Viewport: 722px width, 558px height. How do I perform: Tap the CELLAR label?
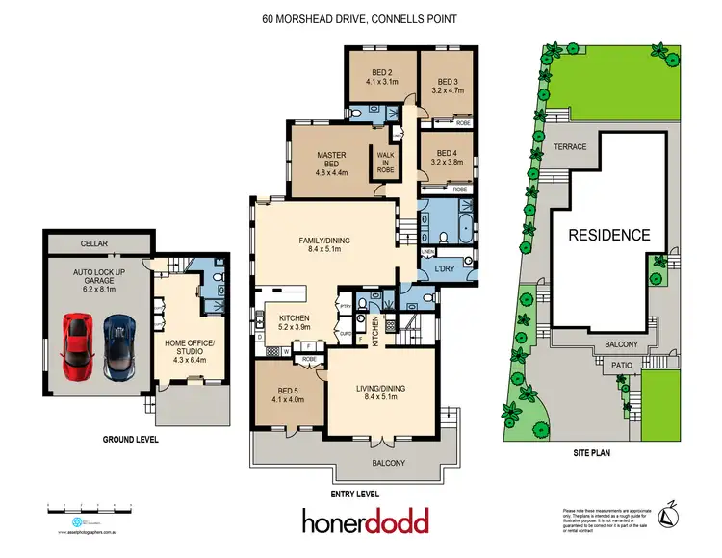[93, 244]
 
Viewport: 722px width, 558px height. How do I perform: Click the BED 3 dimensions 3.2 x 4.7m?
[450, 89]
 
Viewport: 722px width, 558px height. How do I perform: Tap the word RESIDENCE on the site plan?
[607, 234]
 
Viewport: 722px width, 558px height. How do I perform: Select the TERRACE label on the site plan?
[570, 146]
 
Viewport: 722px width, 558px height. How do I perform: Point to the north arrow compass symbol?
[680, 513]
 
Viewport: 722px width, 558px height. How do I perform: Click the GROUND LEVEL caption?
[130, 439]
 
